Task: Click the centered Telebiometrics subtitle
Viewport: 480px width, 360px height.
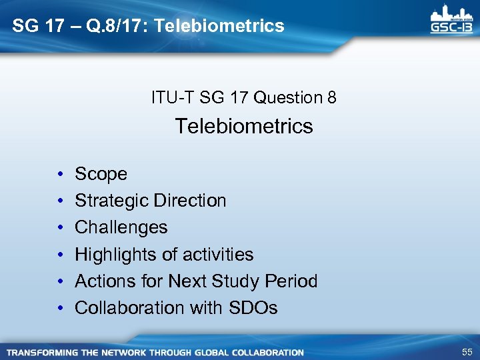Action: (244, 126)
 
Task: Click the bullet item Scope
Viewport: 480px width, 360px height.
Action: (101, 174)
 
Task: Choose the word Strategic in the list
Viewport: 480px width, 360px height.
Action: (111, 201)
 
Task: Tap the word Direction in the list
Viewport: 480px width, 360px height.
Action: (189, 201)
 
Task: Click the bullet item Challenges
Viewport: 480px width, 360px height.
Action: (121, 227)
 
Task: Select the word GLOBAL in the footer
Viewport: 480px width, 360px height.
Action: (211, 352)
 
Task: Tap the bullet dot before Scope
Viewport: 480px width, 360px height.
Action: (60, 175)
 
